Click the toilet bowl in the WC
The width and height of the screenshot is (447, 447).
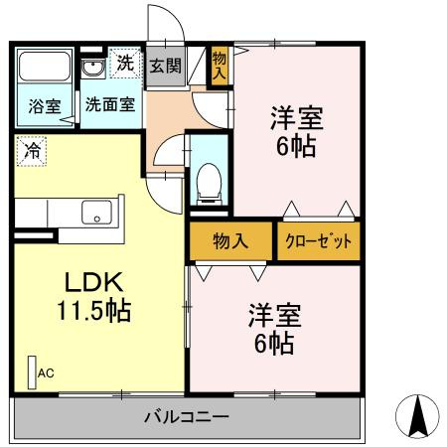pos(209,184)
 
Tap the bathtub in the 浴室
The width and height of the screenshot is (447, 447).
pos(45,66)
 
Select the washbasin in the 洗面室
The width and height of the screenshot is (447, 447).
pos(93,69)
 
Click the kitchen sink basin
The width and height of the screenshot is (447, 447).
pos(96,213)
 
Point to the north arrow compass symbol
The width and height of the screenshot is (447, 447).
pos(417,416)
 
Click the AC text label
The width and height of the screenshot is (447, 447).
pos(46,373)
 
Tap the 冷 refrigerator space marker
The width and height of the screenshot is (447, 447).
pos(32,151)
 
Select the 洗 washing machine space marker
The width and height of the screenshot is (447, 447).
pos(125,63)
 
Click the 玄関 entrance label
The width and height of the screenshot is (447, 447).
pos(166,66)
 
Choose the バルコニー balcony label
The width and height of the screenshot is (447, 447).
pos(187,416)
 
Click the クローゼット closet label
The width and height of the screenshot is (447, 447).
pos(318,241)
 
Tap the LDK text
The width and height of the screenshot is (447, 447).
pos(94,282)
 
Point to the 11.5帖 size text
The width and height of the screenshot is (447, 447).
pos(94,311)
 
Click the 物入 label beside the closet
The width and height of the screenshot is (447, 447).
pos(230,240)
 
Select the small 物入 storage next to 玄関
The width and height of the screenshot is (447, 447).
pos(220,66)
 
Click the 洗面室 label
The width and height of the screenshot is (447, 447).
pos(110,104)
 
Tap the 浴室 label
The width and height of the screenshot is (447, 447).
pos(45,105)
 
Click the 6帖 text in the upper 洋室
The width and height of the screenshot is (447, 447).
pos(296,146)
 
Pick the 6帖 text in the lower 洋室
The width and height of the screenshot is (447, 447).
pos(274,344)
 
